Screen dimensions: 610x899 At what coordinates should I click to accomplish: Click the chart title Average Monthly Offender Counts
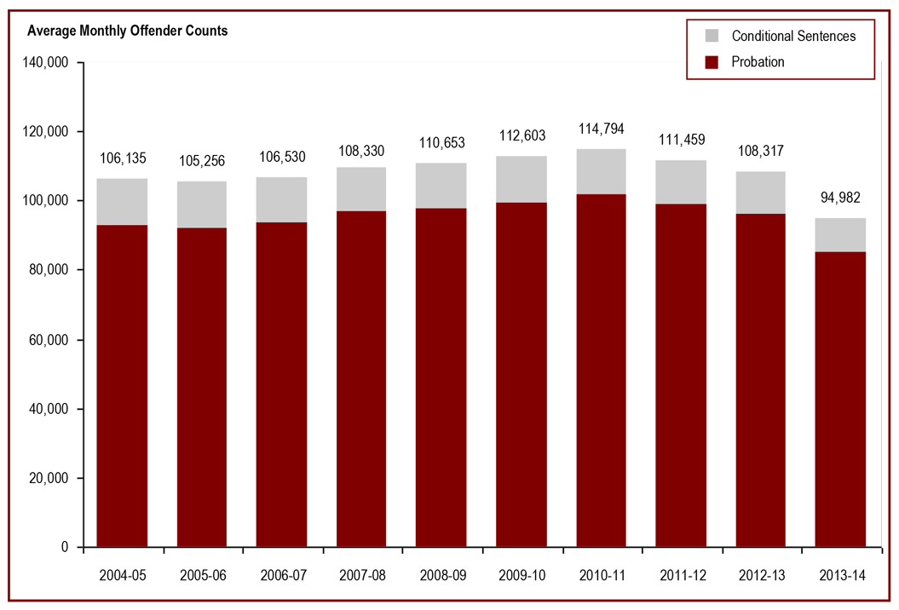click(x=128, y=32)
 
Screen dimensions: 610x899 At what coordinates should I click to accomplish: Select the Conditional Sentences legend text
click(x=793, y=36)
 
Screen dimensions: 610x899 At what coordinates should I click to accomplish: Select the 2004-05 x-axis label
click(x=123, y=575)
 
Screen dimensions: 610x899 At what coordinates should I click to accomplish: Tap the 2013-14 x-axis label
click(x=840, y=575)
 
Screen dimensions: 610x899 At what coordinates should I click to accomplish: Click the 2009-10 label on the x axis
click(x=522, y=575)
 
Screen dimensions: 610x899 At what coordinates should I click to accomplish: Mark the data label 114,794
click(x=602, y=129)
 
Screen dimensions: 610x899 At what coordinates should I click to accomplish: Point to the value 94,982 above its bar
click(x=840, y=199)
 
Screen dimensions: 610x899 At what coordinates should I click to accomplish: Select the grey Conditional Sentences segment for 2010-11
click(x=602, y=171)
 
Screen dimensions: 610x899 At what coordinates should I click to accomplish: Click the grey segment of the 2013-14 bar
click(x=840, y=235)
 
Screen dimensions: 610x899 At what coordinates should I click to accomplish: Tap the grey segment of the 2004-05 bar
click(x=123, y=202)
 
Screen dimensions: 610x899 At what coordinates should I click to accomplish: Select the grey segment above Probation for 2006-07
click(x=282, y=199)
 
